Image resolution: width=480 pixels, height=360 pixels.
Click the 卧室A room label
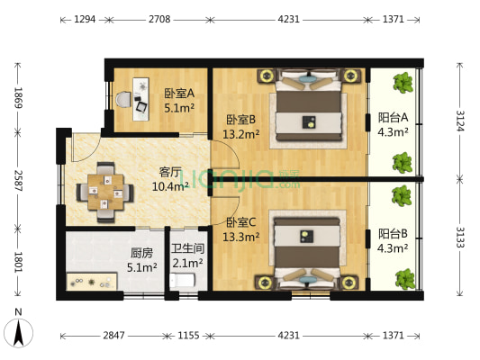[177, 100]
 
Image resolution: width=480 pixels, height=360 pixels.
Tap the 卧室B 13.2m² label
[240, 126]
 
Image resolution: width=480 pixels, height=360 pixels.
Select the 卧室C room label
[241, 229]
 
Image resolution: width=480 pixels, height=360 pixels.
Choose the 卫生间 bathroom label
[188, 256]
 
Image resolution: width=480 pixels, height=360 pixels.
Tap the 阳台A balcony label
[393, 124]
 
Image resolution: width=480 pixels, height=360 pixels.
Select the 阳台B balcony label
[394, 239]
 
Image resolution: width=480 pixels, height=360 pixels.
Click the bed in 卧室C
[308, 247]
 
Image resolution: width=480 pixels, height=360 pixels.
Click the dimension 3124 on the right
[459, 119]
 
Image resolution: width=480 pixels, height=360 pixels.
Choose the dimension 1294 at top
[86, 19]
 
